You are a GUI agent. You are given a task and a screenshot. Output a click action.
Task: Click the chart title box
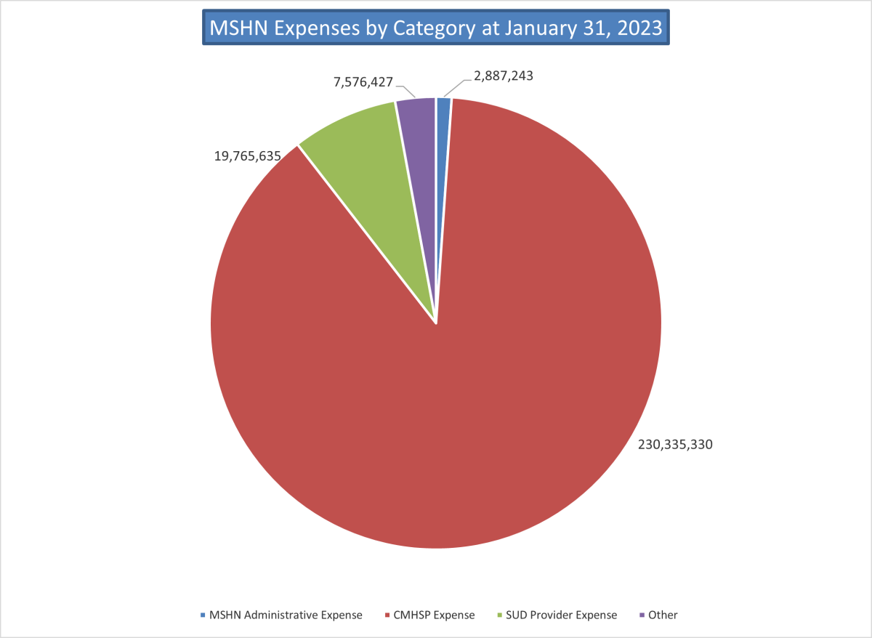pos(435,28)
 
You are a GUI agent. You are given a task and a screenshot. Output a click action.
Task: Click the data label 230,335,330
pos(675,444)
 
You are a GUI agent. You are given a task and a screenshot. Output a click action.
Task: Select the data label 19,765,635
pos(248,156)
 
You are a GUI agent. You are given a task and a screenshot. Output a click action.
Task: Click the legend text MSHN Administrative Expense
pos(286,615)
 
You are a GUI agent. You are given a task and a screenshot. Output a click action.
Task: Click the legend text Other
pos(663,615)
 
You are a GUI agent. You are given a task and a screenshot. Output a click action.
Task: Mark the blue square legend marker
pos(203,615)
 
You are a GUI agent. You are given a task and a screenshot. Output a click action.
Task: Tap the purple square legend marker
pos(642,615)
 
